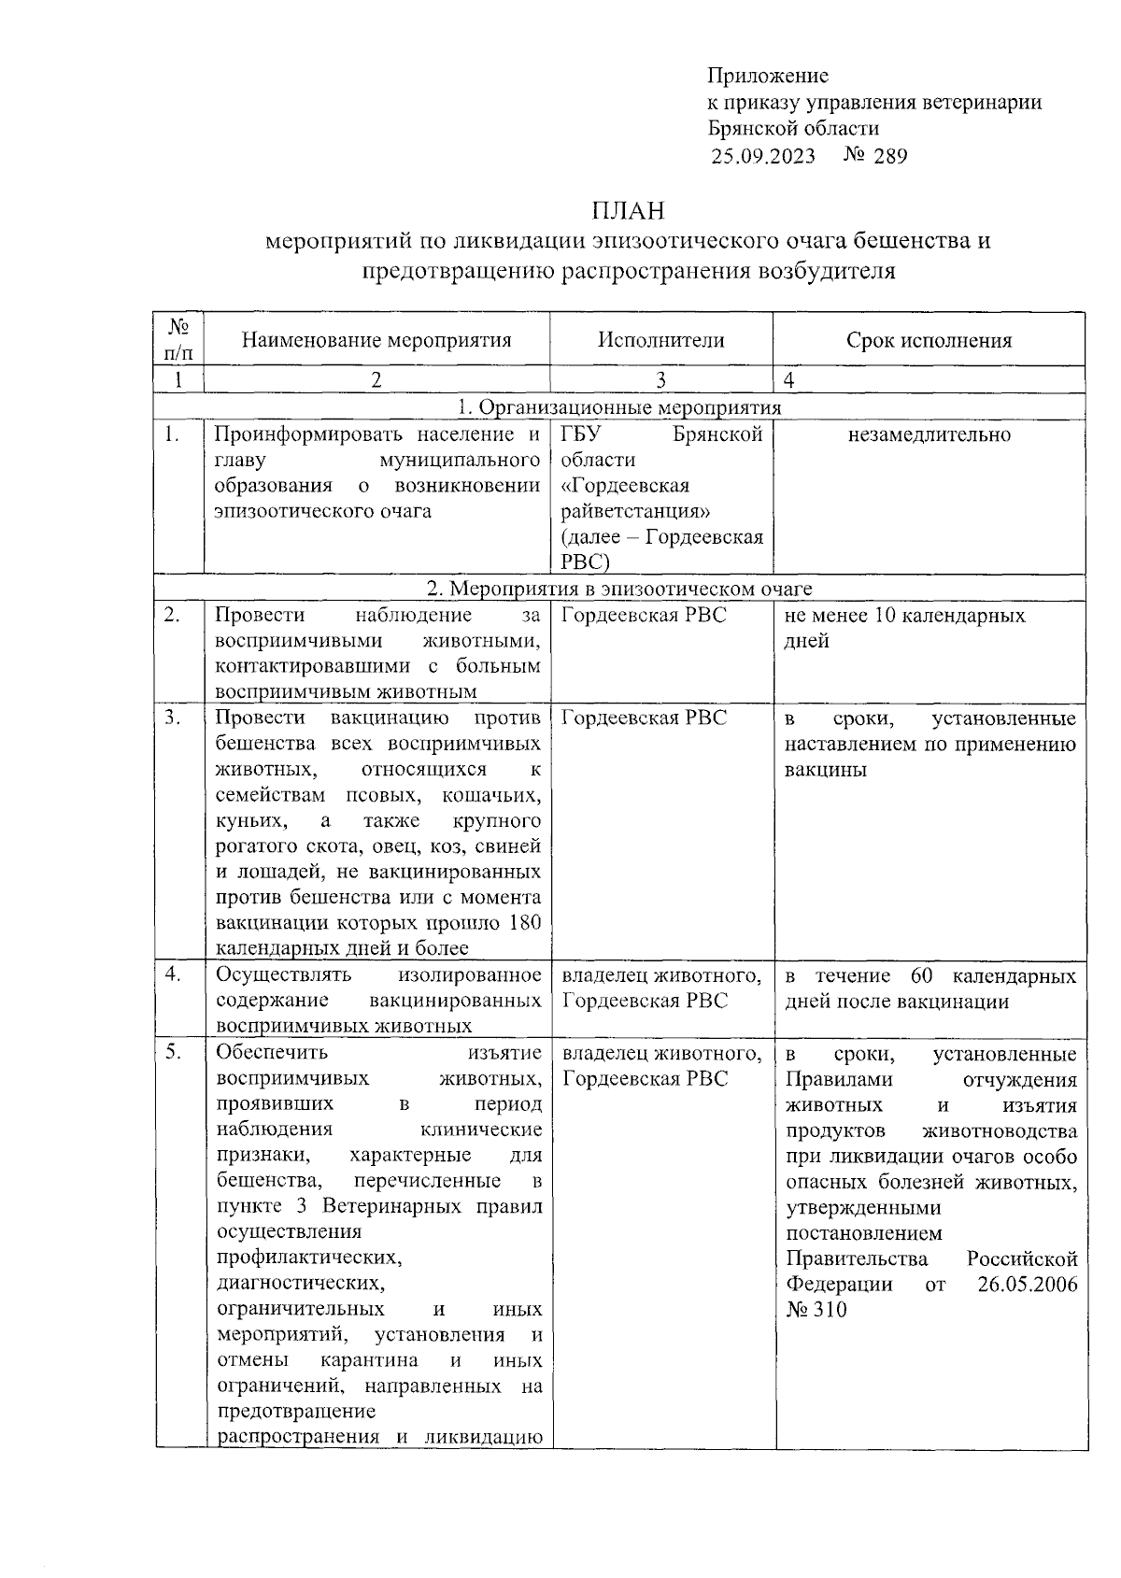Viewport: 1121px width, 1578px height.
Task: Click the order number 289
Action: coord(890,156)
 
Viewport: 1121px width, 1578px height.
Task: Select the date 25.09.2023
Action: coord(762,156)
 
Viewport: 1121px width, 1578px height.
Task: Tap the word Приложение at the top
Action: coord(768,76)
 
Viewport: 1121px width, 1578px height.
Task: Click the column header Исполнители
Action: coord(660,340)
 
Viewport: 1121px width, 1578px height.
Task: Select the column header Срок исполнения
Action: coord(929,341)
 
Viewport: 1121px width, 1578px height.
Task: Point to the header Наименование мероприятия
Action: coord(376,340)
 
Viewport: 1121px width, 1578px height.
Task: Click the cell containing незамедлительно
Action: coord(929,434)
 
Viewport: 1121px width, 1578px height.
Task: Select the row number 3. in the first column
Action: coord(173,718)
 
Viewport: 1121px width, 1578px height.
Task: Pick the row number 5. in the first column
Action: coord(173,1053)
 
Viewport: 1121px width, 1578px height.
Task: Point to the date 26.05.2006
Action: coord(1027,1284)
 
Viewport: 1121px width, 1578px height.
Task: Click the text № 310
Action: coord(816,1310)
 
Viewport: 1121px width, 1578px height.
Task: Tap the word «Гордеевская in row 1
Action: coord(625,486)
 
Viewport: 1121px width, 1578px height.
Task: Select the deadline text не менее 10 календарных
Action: coord(904,616)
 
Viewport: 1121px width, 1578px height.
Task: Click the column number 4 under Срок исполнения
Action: coord(789,380)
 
